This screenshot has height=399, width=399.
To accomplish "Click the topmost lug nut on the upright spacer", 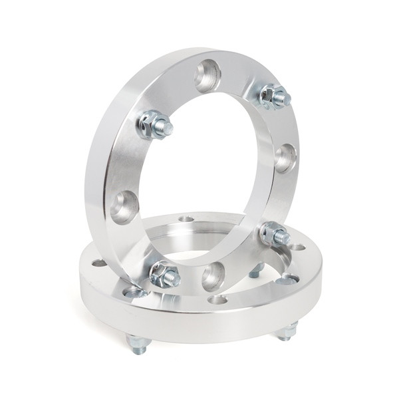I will (273, 96).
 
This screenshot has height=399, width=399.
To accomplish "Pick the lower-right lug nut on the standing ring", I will (273, 233).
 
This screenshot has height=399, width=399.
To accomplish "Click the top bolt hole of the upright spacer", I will (207, 75).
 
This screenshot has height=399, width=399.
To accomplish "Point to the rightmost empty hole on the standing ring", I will (285, 158).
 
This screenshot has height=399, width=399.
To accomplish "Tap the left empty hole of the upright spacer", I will (124, 206).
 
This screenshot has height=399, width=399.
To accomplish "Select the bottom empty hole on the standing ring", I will (213, 275).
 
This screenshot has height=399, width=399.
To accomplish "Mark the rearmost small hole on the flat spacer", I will (187, 219).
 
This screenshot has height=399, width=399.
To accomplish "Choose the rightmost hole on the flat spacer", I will (298, 247).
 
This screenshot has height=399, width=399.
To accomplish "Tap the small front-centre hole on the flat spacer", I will (217, 300).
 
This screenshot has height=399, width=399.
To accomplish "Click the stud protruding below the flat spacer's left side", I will (138, 344).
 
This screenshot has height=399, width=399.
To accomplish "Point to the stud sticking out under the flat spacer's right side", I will (287, 331).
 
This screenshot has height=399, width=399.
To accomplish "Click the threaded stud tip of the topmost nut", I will (285, 99).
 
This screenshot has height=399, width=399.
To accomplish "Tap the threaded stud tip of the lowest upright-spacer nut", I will (174, 279).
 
